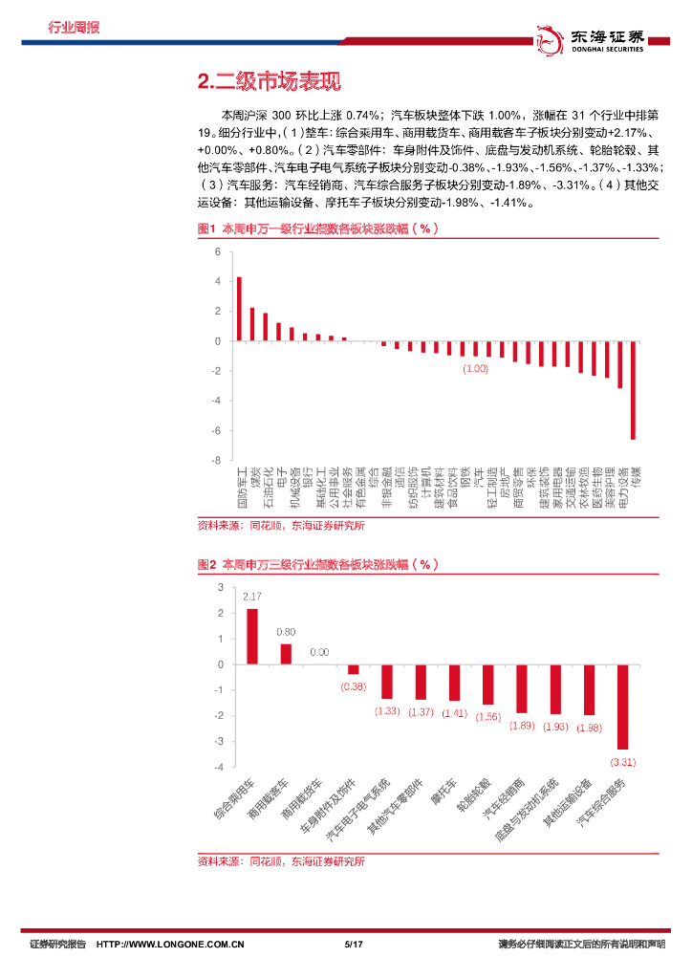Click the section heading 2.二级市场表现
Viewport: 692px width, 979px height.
(x=268, y=83)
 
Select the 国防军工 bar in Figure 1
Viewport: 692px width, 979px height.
(x=239, y=309)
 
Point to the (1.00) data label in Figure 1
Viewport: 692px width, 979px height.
(x=475, y=368)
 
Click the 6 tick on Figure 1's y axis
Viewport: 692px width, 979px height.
(x=217, y=252)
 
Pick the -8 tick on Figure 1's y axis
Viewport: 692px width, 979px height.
(x=217, y=461)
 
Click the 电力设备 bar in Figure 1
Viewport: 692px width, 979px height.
(x=619, y=364)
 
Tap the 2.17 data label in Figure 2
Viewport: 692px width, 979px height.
(x=252, y=597)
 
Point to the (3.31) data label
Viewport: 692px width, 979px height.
(x=622, y=761)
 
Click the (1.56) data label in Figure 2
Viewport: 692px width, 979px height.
(x=487, y=716)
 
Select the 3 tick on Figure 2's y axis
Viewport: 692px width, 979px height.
(x=221, y=587)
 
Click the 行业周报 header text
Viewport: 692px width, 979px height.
(x=74, y=27)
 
